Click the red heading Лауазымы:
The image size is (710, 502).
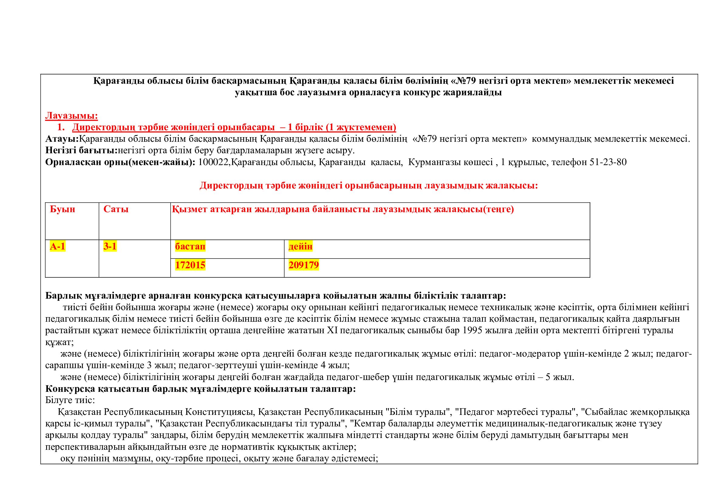tap(71, 116)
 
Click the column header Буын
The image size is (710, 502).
tap(63, 209)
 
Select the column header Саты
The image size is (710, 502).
tap(116, 209)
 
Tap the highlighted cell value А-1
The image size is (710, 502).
tap(57, 246)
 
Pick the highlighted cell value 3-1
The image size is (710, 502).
tap(110, 246)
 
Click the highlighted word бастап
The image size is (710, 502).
tap(190, 247)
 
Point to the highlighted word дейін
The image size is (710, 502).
tap(300, 247)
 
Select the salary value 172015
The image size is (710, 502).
tap(190, 265)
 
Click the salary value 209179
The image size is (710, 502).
tap(304, 265)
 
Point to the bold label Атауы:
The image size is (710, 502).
tap(62, 139)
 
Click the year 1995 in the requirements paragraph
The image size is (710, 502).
tap(473, 331)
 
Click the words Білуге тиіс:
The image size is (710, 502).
tap(70, 400)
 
